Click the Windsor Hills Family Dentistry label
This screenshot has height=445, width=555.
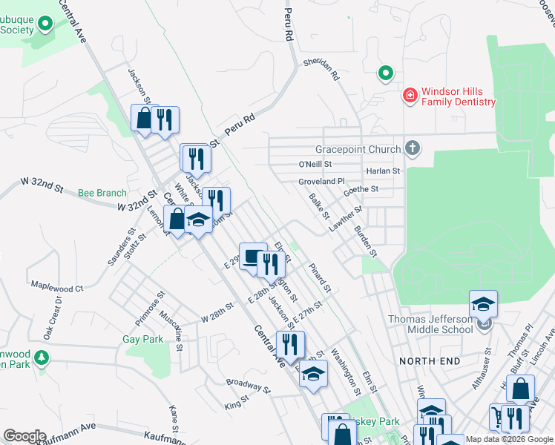[458, 96]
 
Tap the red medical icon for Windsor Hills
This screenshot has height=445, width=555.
[409, 96]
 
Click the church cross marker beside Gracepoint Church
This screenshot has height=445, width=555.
[413, 148]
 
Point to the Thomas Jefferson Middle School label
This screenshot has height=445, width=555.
[431, 324]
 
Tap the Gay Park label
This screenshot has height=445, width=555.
[142, 339]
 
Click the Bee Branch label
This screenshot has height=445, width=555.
[102, 194]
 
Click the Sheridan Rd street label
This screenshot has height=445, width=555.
[321, 70]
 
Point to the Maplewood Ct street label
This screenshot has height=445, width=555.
[56, 287]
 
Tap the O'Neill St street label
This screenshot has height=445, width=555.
[315, 164]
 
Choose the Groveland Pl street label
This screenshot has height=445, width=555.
[322, 181]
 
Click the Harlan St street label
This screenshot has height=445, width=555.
[383, 171]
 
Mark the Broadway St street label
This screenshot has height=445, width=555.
[249, 386]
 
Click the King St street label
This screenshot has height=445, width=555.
[236, 404]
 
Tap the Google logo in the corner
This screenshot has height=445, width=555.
[24, 436]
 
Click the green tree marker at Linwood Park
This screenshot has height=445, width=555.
[42, 358]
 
